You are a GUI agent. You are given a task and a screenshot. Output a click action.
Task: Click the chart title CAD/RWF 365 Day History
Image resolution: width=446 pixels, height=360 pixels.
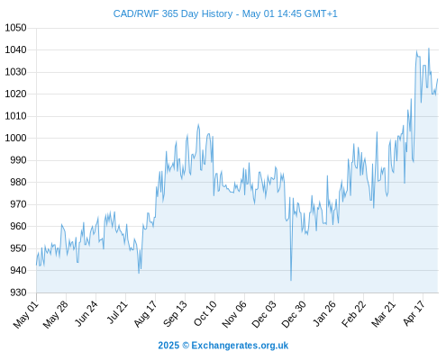coord(173,13)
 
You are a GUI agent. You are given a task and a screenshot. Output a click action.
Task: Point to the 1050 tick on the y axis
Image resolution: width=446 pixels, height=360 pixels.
coord(15,28)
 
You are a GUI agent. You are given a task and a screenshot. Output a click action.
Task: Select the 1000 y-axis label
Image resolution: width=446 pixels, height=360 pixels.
coord(15,138)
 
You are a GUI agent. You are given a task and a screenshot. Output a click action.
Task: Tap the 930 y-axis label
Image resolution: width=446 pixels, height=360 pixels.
coord(18,292)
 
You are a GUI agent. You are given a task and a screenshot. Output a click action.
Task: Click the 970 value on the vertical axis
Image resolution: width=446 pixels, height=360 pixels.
coord(18,204)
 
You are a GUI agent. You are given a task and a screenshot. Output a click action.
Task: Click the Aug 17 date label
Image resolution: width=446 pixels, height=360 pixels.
coord(146,314)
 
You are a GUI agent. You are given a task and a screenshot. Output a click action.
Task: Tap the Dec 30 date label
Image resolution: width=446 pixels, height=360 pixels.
coord(294,314)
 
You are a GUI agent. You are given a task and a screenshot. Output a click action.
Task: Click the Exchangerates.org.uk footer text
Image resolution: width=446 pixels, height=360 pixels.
coord(240,346)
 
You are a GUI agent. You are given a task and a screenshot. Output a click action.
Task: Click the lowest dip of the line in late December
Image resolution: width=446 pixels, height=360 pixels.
coord(291,281)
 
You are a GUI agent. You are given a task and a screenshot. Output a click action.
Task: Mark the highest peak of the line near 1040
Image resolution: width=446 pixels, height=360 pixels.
coord(429,48)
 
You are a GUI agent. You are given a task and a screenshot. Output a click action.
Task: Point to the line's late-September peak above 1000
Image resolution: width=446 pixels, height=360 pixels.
coord(198,124)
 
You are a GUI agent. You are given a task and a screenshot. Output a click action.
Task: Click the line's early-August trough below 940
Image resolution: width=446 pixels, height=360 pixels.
coord(139,273)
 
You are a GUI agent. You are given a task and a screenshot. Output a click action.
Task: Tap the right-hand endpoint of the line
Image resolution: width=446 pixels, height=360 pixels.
coord(438,79)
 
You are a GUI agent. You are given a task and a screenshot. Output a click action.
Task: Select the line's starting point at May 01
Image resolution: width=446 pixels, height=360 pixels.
coord(37,265)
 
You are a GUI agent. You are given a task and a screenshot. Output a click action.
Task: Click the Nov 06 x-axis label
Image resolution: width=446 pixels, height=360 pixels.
coord(234,314)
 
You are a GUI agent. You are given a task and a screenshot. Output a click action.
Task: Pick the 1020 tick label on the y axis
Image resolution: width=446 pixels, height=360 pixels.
coord(15,94)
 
